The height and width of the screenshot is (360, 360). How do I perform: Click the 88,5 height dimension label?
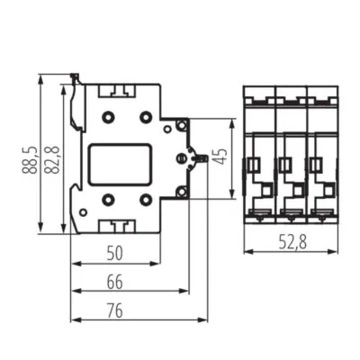point(31,154)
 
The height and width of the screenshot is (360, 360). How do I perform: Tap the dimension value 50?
point(115,253)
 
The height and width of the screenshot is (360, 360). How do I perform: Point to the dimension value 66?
point(115,282)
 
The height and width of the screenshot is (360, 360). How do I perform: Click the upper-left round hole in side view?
point(108,118)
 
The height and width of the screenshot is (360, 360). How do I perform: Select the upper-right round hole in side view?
point(146,118)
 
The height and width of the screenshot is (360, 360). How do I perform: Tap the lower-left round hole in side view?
point(108,199)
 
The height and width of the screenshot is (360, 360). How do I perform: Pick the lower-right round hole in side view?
point(146,199)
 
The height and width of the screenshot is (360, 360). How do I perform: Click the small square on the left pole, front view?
point(255,164)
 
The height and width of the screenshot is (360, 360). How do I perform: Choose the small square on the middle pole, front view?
point(285,164)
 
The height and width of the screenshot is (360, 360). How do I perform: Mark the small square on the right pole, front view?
point(316,164)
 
